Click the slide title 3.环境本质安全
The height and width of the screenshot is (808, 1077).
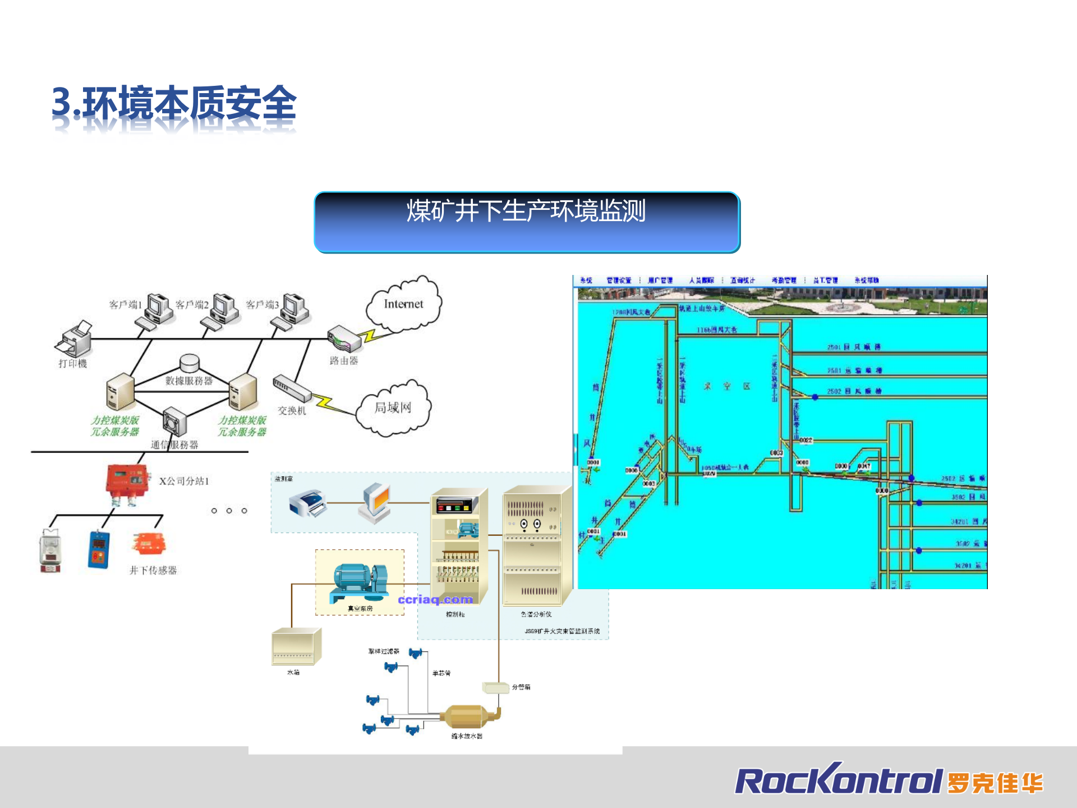(x=174, y=104)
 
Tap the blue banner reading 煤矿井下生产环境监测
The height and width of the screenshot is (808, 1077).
(x=527, y=222)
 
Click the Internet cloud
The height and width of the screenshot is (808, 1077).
(x=403, y=304)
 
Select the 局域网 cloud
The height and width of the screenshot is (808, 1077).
(x=393, y=408)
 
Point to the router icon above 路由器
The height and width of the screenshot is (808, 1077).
(x=344, y=338)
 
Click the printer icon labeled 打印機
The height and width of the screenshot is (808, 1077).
(x=75, y=338)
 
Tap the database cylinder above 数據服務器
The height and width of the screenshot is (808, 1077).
(x=190, y=363)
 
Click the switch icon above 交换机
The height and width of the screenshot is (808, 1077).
(x=291, y=388)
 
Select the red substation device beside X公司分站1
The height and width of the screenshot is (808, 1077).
(x=127, y=483)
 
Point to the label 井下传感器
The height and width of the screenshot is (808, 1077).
(x=153, y=571)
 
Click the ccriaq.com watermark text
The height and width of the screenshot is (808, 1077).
(x=435, y=600)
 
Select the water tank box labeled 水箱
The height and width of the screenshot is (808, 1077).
(x=296, y=647)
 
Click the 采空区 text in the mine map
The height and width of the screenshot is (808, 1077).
(x=727, y=387)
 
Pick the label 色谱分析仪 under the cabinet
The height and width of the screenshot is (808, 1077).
(x=536, y=614)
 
